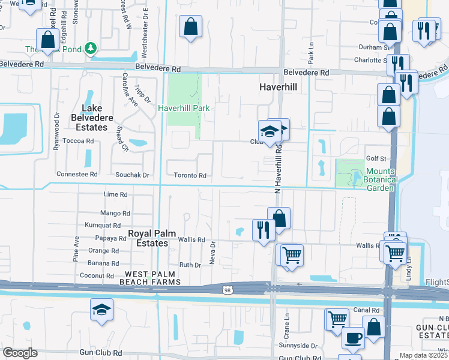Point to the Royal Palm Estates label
148,238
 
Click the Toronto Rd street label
190,176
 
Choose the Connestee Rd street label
77,174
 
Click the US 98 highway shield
227,290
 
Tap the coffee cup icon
353,337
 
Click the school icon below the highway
101,310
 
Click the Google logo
20,353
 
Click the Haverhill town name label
279,87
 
